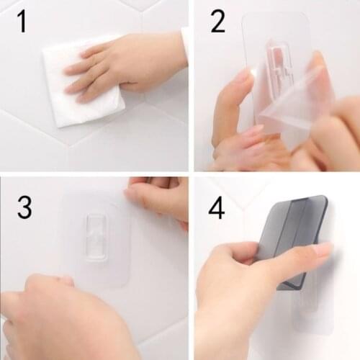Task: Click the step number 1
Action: (x=22, y=21)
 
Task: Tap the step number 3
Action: (x=24, y=207)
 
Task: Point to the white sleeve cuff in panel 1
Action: (x=185, y=43)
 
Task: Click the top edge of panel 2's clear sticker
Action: (x=277, y=14)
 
